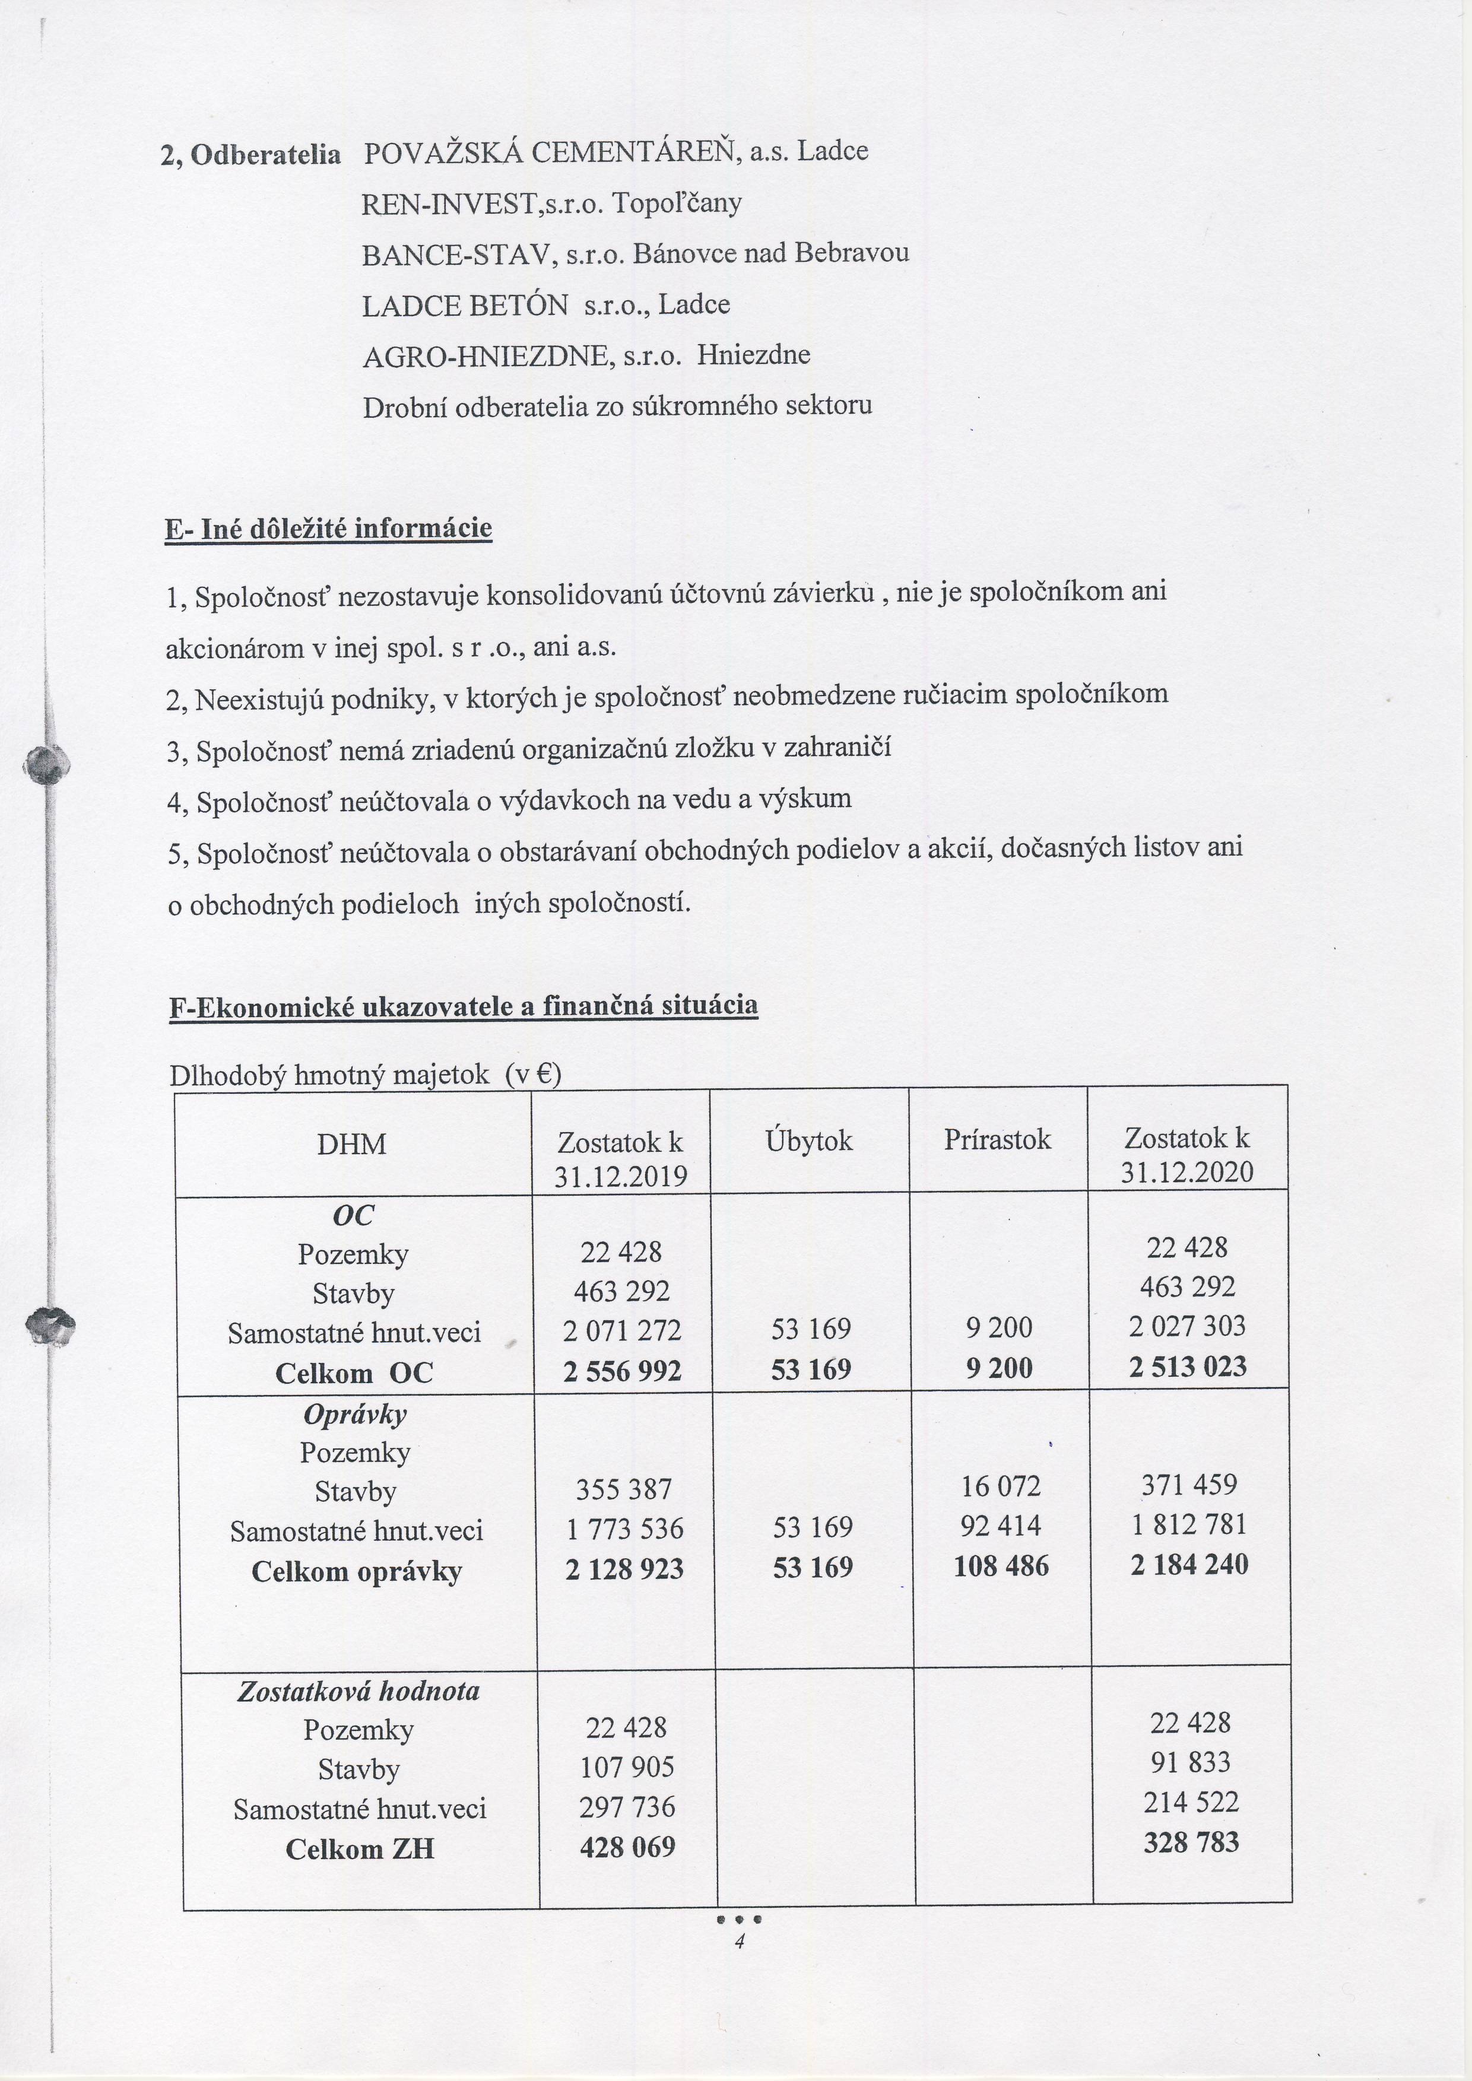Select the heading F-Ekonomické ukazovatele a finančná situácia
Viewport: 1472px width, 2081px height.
point(463,1006)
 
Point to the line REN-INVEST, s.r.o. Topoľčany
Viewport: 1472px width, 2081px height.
point(551,203)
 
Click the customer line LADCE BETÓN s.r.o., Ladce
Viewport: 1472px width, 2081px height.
point(545,304)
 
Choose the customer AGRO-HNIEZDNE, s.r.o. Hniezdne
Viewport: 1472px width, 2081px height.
point(586,355)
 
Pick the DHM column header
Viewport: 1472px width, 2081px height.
point(352,1145)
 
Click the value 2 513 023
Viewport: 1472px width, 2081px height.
point(1187,1367)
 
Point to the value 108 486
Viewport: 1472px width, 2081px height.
point(1001,1566)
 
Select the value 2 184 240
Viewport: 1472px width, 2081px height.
point(1189,1564)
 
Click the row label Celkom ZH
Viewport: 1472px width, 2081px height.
point(360,1849)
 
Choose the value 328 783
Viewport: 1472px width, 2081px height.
point(1191,1842)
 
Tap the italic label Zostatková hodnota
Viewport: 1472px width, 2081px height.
point(358,1691)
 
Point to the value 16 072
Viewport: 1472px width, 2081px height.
point(1001,1486)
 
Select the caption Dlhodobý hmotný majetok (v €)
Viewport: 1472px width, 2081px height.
point(365,1075)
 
